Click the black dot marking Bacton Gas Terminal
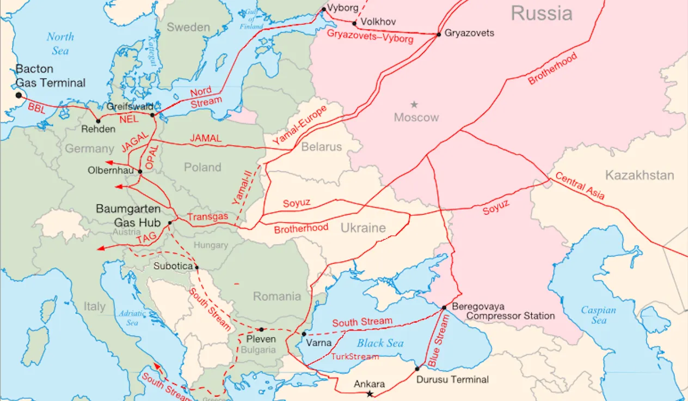(x=19, y=95)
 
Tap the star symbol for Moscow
(x=414, y=104)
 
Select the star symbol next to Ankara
(x=370, y=394)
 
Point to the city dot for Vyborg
(x=324, y=9)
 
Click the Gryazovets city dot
(x=439, y=34)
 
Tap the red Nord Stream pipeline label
(x=205, y=96)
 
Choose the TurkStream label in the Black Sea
(x=355, y=357)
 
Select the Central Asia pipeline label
(x=580, y=186)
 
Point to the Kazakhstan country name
(x=639, y=175)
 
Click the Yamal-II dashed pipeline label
(x=243, y=186)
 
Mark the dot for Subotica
(x=196, y=267)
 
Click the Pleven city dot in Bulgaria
(x=261, y=330)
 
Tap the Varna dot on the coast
(x=304, y=334)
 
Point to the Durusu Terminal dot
(x=417, y=369)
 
